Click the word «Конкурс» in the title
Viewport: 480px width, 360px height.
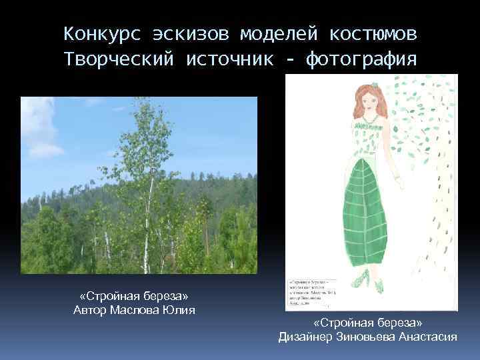pos(101,33)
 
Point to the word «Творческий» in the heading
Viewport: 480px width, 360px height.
pos(119,59)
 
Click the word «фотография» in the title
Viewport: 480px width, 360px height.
pos(362,59)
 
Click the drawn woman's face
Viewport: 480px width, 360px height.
pos(369,101)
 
